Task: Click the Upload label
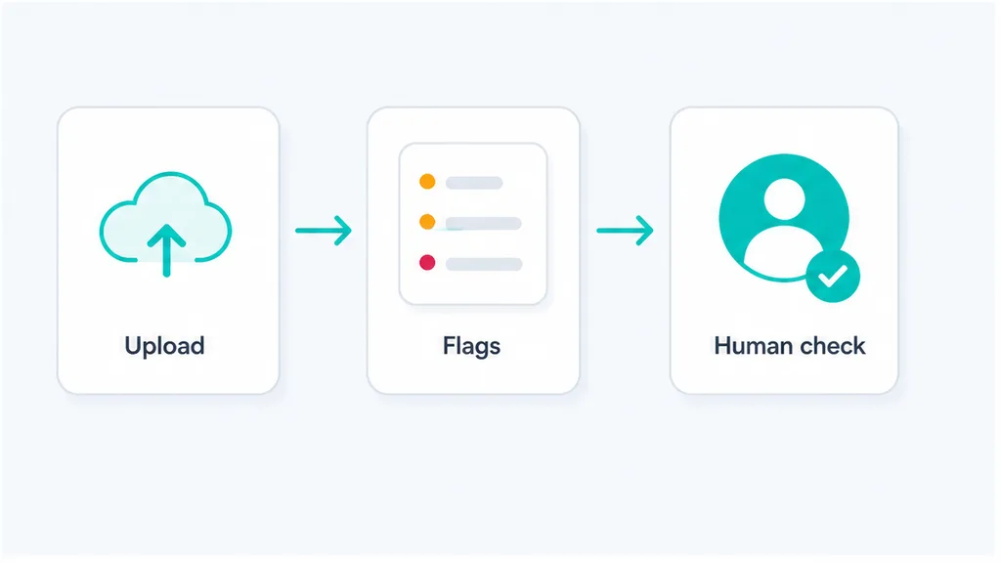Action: click(164, 347)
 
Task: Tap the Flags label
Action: click(472, 347)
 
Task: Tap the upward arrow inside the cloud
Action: click(166, 250)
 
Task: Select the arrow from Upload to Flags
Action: click(324, 231)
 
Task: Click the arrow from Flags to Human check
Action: click(625, 231)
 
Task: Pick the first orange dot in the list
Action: click(427, 182)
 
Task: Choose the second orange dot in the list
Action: click(427, 222)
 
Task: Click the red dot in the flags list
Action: click(427, 262)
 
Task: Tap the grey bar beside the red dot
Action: click(484, 264)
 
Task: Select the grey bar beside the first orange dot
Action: click(474, 183)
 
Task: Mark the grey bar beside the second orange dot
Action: click(484, 224)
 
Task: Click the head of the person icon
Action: click(784, 199)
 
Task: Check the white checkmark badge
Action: click(833, 276)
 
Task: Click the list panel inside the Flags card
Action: click(473, 224)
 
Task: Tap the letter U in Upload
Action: click(133, 346)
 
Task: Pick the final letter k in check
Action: click(858, 346)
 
